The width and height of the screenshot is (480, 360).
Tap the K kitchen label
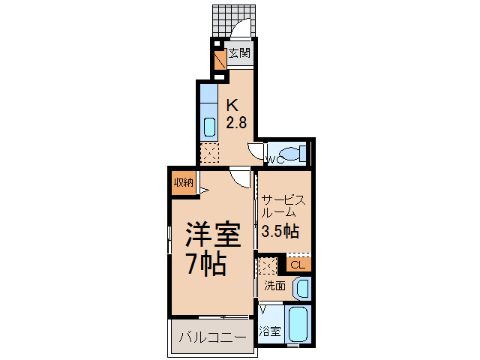[232, 105]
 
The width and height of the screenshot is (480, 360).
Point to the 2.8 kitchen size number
[236, 123]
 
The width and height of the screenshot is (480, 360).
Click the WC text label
[274, 159]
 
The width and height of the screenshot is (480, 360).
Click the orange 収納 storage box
[184, 182]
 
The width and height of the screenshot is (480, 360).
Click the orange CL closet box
[298, 264]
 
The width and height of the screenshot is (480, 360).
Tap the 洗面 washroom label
[274, 286]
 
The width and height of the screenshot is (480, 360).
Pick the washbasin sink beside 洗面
[301, 288]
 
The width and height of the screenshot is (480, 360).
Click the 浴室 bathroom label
[270, 331]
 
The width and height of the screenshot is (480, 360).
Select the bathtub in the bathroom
[298, 324]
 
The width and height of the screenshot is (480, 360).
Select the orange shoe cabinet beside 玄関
[220, 60]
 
